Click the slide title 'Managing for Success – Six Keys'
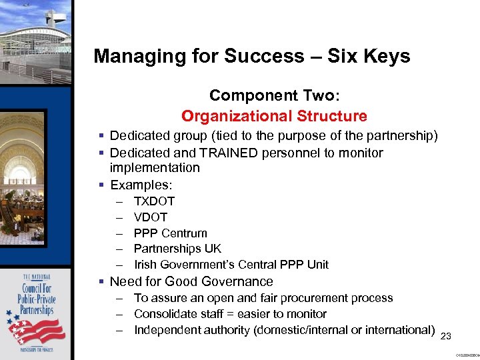[x=252, y=56]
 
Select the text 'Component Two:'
[x=274, y=95]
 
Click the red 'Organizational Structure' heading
[x=274, y=116]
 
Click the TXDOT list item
[x=154, y=201]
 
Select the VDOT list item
[x=151, y=217]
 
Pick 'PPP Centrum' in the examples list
[x=170, y=233]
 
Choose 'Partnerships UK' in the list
[x=177, y=249]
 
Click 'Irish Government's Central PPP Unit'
[x=231, y=265]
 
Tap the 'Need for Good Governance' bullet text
[x=191, y=281]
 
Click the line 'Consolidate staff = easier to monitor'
[x=230, y=313]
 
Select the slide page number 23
[x=447, y=336]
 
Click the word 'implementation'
[x=155, y=167]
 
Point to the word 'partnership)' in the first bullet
[x=404, y=136]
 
